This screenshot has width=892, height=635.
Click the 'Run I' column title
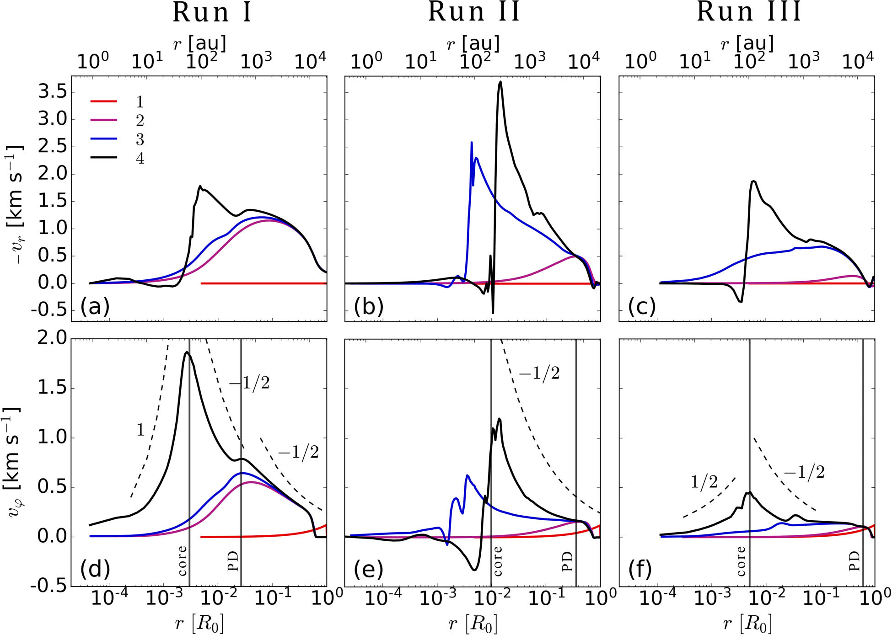pyautogui.click(x=212, y=13)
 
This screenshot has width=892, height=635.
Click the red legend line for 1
pyautogui.click(x=104, y=101)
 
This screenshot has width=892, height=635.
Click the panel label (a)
pyautogui.click(x=95, y=307)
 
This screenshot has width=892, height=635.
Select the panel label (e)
pyautogui.click(x=369, y=570)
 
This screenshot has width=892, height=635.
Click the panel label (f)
pyautogui.click(x=640, y=570)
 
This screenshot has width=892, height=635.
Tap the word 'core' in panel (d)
pyautogui.click(x=182, y=560)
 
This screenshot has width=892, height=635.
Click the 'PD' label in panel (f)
pyautogui.click(x=854, y=561)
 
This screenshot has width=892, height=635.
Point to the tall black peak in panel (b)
pyautogui.click(x=500, y=82)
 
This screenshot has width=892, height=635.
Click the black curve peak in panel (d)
pyautogui.click(x=186, y=352)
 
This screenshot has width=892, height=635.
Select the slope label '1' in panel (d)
pyautogui.click(x=140, y=430)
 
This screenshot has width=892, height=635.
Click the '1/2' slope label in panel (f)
pyautogui.click(x=704, y=483)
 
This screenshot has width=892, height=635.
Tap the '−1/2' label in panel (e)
pyautogui.click(x=539, y=374)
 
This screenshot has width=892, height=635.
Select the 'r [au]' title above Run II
pyautogui.click(x=473, y=43)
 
